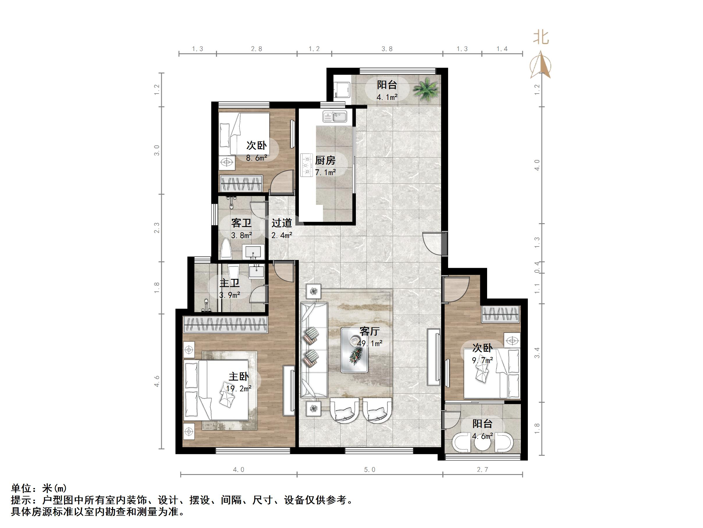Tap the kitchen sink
click(335, 117)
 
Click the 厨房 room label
click(325, 160)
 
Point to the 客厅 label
click(370, 331)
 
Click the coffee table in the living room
click(354, 350)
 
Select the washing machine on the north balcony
click(342, 89)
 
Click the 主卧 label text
click(239, 376)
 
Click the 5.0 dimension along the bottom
click(370, 470)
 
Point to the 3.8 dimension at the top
click(387, 49)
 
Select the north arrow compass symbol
click(540, 65)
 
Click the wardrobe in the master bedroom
click(226, 325)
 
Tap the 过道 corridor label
click(282, 223)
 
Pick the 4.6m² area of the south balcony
click(482, 436)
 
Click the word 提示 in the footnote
click(21, 500)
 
